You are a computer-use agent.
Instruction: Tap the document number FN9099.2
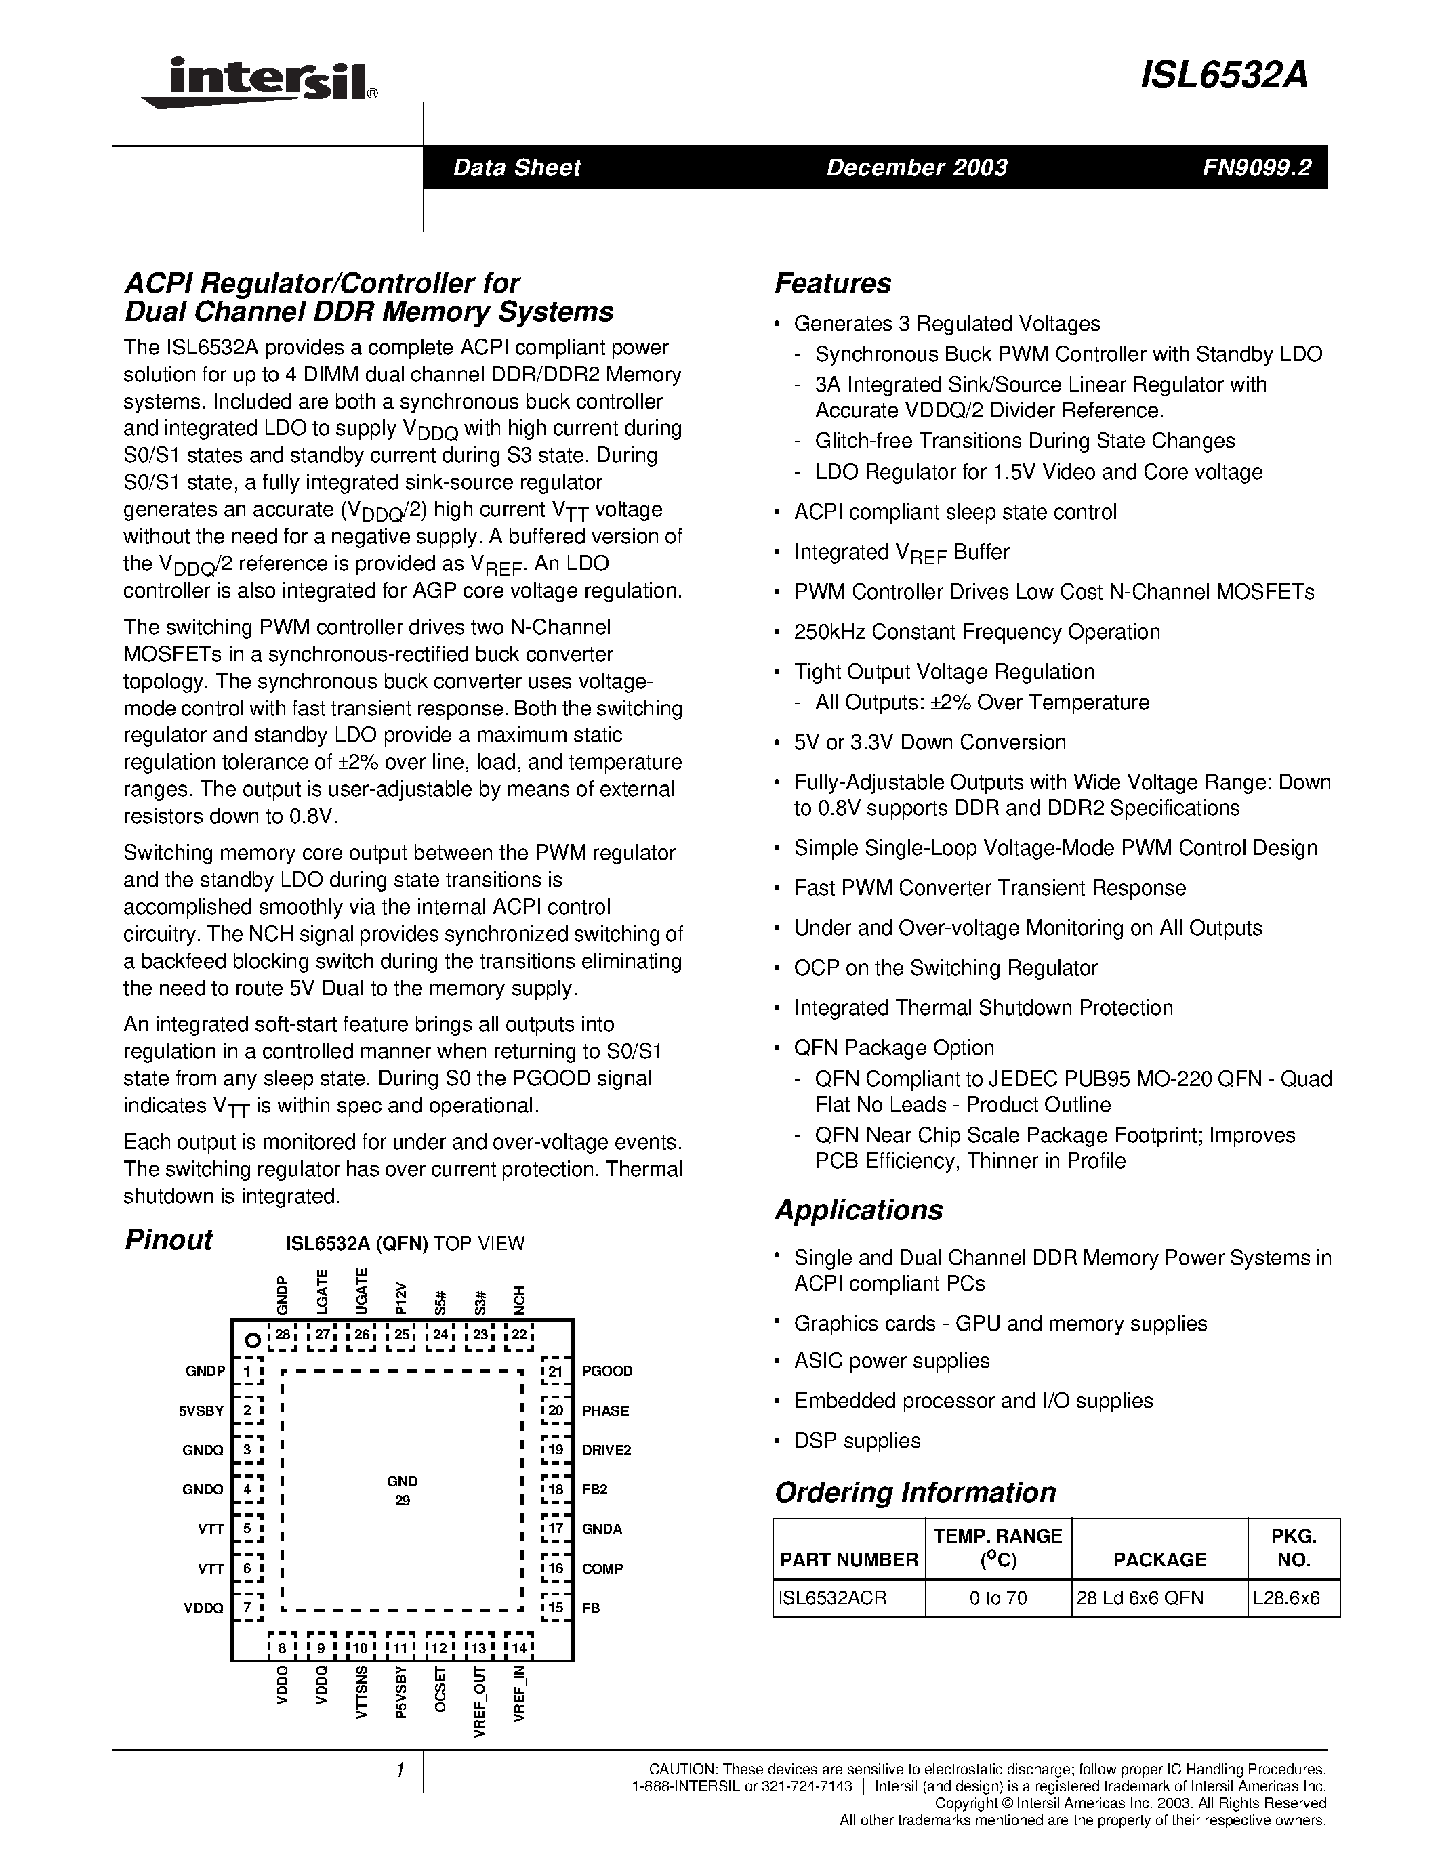(x=1256, y=167)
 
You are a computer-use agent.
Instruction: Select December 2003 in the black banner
(x=916, y=167)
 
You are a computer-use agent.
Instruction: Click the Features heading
(x=833, y=283)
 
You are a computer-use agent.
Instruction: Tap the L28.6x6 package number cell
(x=1286, y=1597)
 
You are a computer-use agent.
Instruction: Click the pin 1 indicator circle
(x=251, y=1341)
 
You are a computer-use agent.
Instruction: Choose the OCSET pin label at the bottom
(x=441, y=1690)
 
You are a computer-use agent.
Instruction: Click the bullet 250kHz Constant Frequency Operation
(x=976, y=632)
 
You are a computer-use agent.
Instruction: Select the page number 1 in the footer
(x=399, y=1772)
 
